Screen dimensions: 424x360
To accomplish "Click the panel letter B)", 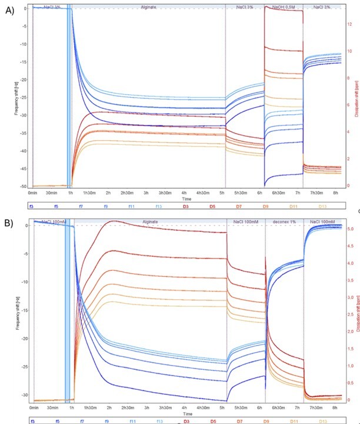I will tap(9, 223).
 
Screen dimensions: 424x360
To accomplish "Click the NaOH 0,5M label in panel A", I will tap(284, 6).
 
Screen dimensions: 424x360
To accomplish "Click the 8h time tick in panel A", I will tap(335, 193).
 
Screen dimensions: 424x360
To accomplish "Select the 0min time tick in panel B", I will tap(34, 407).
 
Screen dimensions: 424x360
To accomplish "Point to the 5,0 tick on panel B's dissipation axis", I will tap(351, 228).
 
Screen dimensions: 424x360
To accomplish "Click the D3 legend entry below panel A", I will tap(185, 206).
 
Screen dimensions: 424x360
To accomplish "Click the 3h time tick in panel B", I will tap(146, 407).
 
